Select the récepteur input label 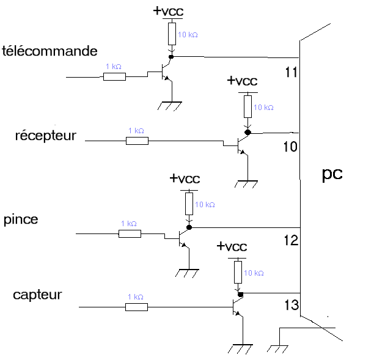[46, 135]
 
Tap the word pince [21, 219]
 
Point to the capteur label [37, 295]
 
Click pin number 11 [291, 73]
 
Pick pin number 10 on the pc [290, 147]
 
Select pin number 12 [291, 241]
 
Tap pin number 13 [291, 304]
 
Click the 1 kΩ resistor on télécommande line [114, 77]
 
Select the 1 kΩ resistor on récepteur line [137, 141]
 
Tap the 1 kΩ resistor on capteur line [136, 307]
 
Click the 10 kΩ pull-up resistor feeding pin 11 [172, 33]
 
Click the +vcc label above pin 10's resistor [243, 81]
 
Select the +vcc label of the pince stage [185, 178]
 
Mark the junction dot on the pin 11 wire [172, 57]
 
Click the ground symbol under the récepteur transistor [248, 183]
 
